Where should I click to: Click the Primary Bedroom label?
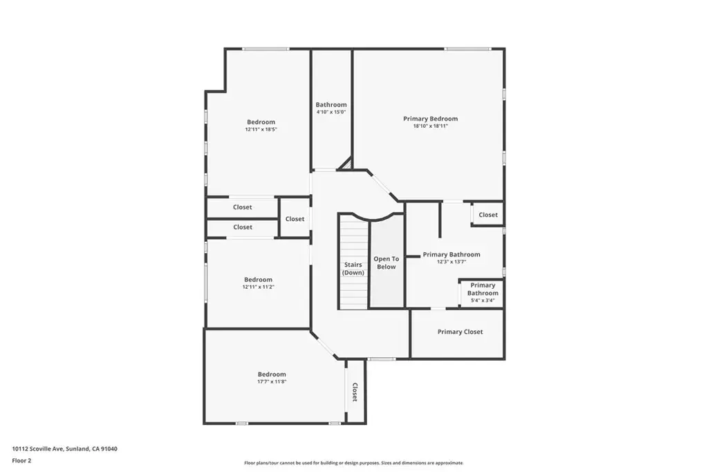click(x=430, y=119)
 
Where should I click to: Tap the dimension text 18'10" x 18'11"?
click(x=430, y=126)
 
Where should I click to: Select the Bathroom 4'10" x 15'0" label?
click(x=331, y=108)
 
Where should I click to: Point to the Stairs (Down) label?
click(x=353, y=269)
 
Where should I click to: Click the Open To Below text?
click(x=386, y=263)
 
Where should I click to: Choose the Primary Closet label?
click(x=460, y=332)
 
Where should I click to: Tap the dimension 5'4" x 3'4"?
click(x=483, y=301)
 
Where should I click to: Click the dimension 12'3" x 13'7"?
click(x=451, y=262)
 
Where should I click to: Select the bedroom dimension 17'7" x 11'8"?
click(x=272, y=381)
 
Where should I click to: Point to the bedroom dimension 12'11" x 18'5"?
click(x=261, y=129)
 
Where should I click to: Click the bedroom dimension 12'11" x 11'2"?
click(x=259, y=287)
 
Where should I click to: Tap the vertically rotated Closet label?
click(x=355, y=392)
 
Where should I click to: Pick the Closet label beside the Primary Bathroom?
click(x=488, y=215)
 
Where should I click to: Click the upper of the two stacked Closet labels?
click(x=243, y=207)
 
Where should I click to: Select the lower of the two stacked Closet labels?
click(x=243, y=227)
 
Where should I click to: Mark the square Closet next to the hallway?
click(x=295, y=219)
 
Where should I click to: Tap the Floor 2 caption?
click(x=21, y=461)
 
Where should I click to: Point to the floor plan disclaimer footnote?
click(x=353, y=463)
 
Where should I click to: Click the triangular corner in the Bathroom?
click(x=347, y=165)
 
